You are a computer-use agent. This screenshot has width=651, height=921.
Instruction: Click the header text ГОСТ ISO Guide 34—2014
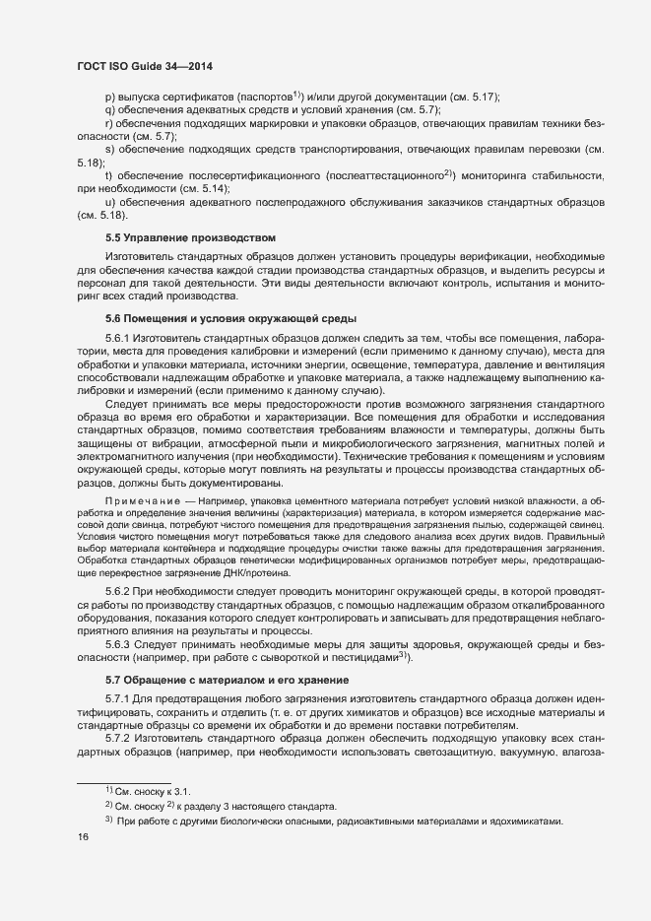[144, 66]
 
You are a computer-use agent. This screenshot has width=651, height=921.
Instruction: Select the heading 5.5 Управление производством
[190, 238]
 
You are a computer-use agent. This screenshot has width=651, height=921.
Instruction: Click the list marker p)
[110, 97]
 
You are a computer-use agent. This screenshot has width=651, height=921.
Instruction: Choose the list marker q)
[110, 109]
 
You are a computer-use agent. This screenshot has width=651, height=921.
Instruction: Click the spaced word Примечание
[148, 502]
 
